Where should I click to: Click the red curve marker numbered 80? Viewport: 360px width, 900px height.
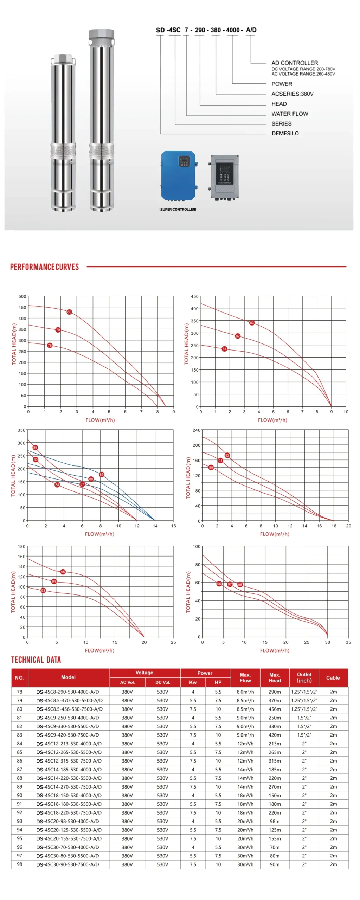click(69, 312)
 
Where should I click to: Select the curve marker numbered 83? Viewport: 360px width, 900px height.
click(252, 323)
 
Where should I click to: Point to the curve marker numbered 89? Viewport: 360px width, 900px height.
click(102, 474)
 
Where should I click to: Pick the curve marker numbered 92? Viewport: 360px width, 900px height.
click(227, 455)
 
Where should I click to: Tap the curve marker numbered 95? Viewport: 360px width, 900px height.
click(63, 572)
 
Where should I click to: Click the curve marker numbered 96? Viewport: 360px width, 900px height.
click(219, 584)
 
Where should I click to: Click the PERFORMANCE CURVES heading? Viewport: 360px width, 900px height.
click(44, 267)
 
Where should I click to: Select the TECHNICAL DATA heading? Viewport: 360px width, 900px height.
click(36, 660)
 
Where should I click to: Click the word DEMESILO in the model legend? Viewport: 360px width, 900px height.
click(285, 133)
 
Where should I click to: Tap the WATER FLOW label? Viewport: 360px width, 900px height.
click(289, 114)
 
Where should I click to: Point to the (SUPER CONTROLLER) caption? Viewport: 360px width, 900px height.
click(178, 209)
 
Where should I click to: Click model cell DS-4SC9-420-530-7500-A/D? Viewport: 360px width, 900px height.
click(67, 735)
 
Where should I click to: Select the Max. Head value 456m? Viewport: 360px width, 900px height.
click(275, 709)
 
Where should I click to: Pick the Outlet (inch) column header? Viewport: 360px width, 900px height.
click(304, 677)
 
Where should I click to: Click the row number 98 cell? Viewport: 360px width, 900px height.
click(20, 864)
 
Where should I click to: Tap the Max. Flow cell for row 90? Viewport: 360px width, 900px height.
click(245, 795)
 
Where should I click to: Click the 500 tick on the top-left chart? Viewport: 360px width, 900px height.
click(22, 296)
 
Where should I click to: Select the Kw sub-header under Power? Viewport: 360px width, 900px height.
click(193, 682)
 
